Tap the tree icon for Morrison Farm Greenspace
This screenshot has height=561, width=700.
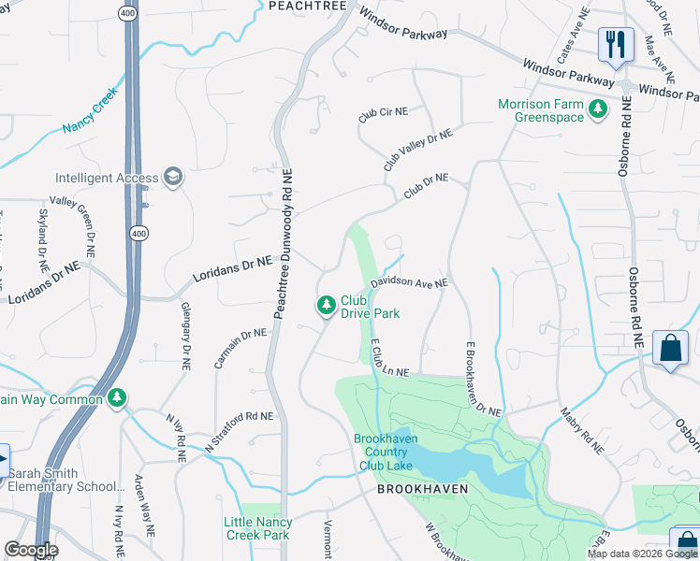tap(597, 111)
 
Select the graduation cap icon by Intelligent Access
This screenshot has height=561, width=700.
tap(172, 177)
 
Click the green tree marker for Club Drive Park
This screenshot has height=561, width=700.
tap(326, 306)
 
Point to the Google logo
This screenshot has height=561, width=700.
tap(31, 550)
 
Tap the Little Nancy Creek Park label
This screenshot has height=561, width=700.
tap(259, 528)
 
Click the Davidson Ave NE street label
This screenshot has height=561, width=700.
tap(409, 281)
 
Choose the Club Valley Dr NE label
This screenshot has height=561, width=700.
tap(417, 150)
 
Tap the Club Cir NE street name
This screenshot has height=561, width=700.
tap(384, 113)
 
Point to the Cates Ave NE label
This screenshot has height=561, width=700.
tap(574, 36)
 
